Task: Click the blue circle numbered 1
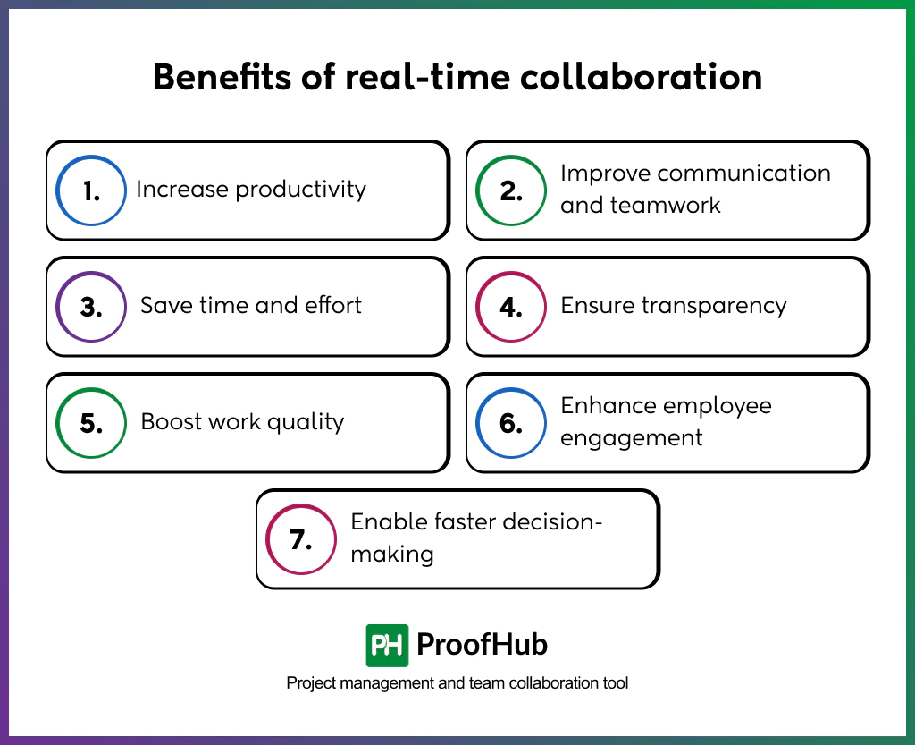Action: [x=91, y=190]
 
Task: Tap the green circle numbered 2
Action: [x=511, y=190]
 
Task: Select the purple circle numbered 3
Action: [x=91, y=307]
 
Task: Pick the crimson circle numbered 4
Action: [x=511, y=307]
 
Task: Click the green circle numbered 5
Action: [x=91, y=423]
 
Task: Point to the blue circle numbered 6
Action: [x=511, y=423]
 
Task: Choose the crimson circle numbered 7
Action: [x=301, y=539]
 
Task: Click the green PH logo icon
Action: [x=387, y=645]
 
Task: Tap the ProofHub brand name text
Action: [x=483, y=645]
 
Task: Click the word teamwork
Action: [x=664, y=206]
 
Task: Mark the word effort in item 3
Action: [x=332, y=306]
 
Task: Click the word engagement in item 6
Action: [x=632, y=438]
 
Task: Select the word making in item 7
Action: [x=392, y=555]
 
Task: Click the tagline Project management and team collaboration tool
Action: [x=457, y=683]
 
